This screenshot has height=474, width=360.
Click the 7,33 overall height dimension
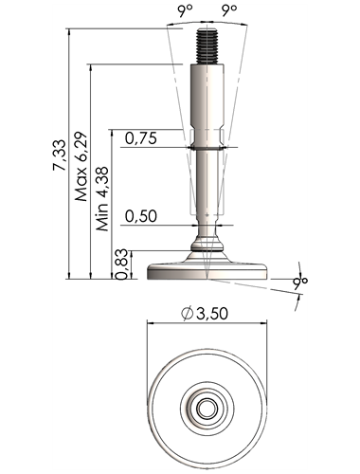pos(60,155)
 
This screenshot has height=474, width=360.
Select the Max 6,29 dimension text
pos(81,166)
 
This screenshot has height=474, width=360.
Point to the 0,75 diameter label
pos(141,138)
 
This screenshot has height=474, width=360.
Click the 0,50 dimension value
pos(141,216)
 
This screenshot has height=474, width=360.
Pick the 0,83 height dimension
pos(121,264)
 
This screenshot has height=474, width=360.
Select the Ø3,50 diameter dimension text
pos(205,314)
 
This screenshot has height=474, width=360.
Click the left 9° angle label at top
pos(185,10)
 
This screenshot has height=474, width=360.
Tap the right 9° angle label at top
pos(229,10)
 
